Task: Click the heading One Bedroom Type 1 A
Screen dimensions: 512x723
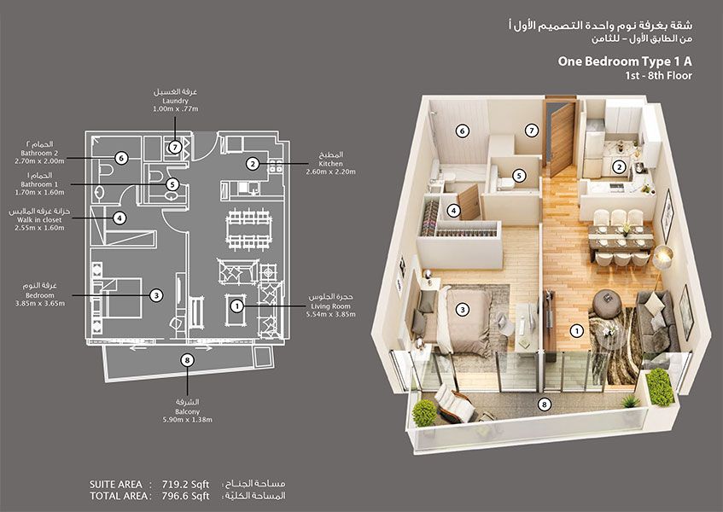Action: coord(624,61)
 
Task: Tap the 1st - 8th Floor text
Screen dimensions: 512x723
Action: coord(658,76)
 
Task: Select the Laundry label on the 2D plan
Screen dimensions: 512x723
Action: coord(174,100)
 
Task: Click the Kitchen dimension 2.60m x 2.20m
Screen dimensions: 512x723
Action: coord(330,172)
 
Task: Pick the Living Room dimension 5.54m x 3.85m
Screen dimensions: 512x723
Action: coord(330,313)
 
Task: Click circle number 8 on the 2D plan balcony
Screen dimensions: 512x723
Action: coord(187,360)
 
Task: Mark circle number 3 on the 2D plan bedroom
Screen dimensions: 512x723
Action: coord(156,295)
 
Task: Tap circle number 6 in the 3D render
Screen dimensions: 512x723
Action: coord(462,131)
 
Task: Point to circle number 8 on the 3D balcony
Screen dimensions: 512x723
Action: coord(544,404)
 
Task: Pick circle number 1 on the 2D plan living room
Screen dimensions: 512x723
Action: coord(236,305)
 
